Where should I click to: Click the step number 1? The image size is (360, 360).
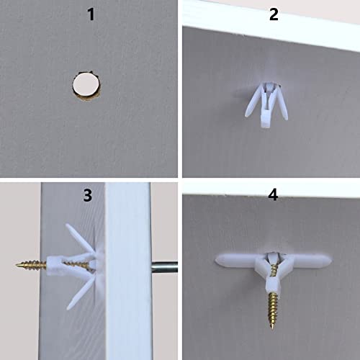tap(91, 14)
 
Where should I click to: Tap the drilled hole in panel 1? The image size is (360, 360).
tap(86, 89)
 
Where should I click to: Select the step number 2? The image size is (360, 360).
tap(273, 14)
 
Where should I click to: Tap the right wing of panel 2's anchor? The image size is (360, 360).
tap(286, 99)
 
